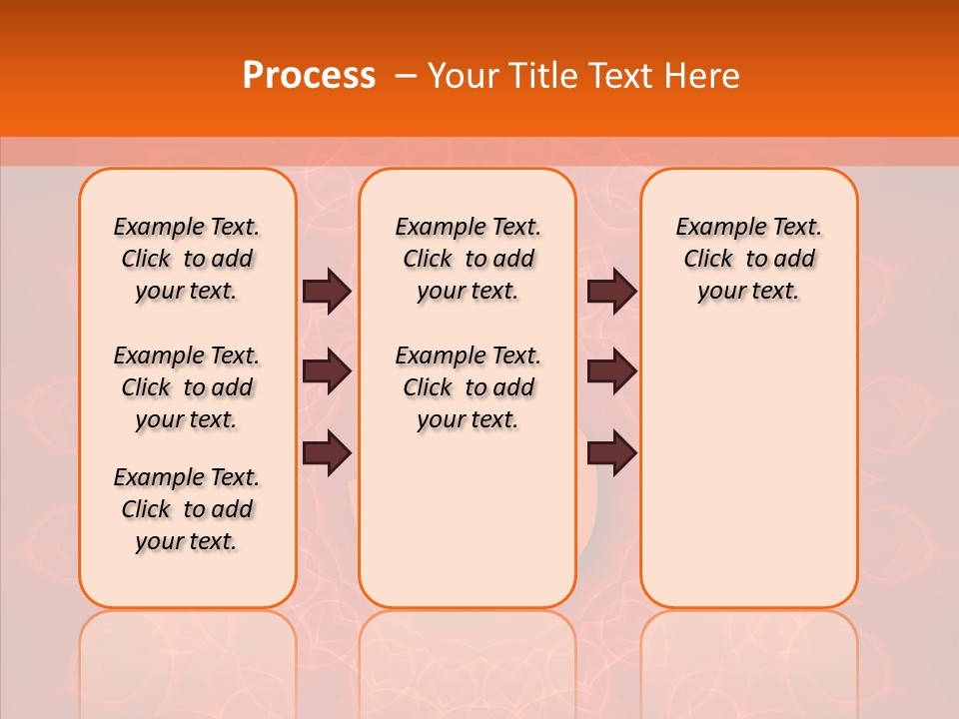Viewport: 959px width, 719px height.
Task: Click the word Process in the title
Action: tap(309, 76)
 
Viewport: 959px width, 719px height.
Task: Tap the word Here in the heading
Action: tap(703, 76)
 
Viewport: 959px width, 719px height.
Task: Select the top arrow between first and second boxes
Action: tap(327, 291)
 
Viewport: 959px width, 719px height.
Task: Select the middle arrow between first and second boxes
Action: tap(327, 371)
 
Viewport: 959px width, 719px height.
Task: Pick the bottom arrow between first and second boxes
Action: tap(327, 453)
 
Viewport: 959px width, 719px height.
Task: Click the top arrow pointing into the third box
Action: tap(611, 291)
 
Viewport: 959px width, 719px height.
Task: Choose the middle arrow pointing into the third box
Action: tap(611, 371)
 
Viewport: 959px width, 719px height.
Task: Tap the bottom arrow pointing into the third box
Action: tap(611, 453)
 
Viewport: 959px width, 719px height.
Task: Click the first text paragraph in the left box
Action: tap(187, 259)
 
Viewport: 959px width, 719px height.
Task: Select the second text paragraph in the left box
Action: tap(187, 387)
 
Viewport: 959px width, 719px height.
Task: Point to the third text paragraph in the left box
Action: tap(187, 509)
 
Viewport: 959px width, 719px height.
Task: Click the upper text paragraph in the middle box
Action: tap(468, 259)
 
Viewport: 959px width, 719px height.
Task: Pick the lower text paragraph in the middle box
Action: tap(468, 387)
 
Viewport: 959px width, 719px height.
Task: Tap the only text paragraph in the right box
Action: tap(748, 259)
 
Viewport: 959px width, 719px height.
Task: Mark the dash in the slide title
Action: tap(406, 76)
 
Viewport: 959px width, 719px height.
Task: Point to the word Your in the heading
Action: tap(464, 76)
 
